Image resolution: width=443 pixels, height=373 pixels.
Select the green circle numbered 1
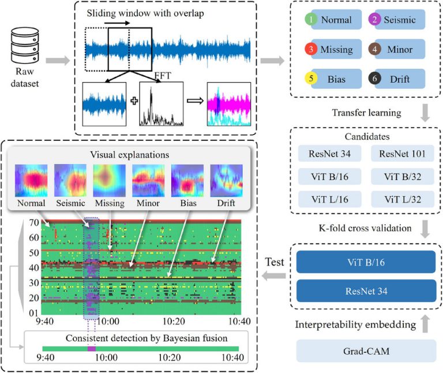tap(312, 20)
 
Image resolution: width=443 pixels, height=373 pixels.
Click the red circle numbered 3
tap(312, 49)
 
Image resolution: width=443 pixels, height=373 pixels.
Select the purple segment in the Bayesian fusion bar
tap(91, 349)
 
